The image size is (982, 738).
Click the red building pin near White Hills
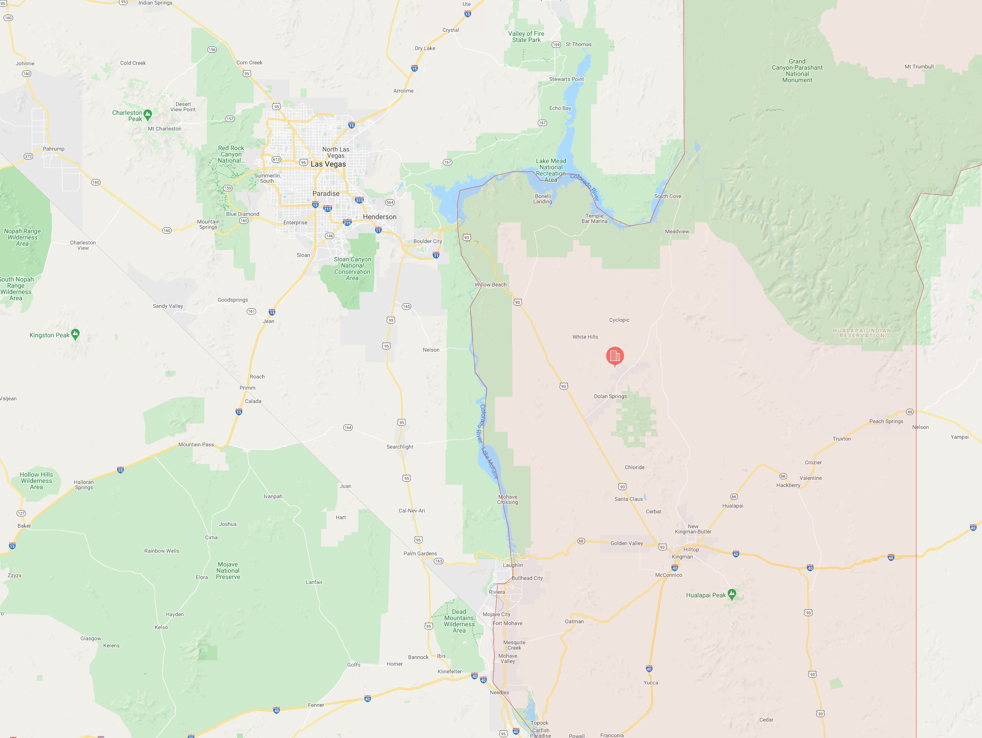tap(615, 356)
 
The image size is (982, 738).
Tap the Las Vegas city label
tap(328, 164)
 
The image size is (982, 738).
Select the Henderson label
tap(379, 217)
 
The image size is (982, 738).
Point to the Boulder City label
tap(427, 241)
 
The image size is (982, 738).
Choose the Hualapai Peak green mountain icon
tap(732, 594)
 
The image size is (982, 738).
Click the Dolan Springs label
tap(610, 396)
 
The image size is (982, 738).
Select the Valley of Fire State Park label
tap(526, 37)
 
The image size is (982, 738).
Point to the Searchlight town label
tap(400, 447)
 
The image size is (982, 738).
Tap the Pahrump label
tap(54, 149)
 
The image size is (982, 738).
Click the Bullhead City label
tap(527, 578)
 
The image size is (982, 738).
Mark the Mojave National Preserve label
tap(228, 570)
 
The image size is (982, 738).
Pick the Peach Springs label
tap(886, 421)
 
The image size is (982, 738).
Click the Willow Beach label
tap(490, 285)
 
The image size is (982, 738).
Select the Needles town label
tap(499, 692)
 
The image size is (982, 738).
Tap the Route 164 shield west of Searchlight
tap(348, 428)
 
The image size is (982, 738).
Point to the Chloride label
tap(634, 467)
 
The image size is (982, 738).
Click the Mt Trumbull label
tap(919, 67)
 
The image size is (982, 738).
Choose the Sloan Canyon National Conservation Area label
tap(352, 268)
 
